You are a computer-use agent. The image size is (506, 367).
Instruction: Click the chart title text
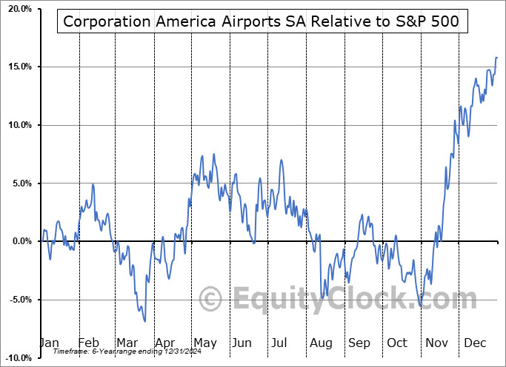[x=262, y=21]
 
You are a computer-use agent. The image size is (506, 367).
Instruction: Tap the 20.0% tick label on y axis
[x=16, y=9]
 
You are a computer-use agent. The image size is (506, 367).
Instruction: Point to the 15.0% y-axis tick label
[x=16, y=67]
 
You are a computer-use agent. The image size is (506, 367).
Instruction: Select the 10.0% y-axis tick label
[x=16, y=125]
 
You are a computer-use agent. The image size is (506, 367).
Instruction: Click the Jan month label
[x=49, y=343]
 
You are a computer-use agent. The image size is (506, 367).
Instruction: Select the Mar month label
[x=126, y=343]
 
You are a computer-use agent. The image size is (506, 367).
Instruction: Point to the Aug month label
[x=321, y=343]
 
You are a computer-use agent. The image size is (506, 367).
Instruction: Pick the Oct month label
[x=397, y=343]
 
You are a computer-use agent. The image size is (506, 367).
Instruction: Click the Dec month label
[x=475, y=343]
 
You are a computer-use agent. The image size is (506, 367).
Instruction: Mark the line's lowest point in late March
[x=144, y=321]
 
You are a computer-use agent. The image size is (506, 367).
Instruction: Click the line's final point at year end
[x=497, y=57]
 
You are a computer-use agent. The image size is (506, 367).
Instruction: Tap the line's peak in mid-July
[x=281, y=160]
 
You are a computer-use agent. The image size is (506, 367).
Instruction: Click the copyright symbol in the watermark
[x=212, y=300]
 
